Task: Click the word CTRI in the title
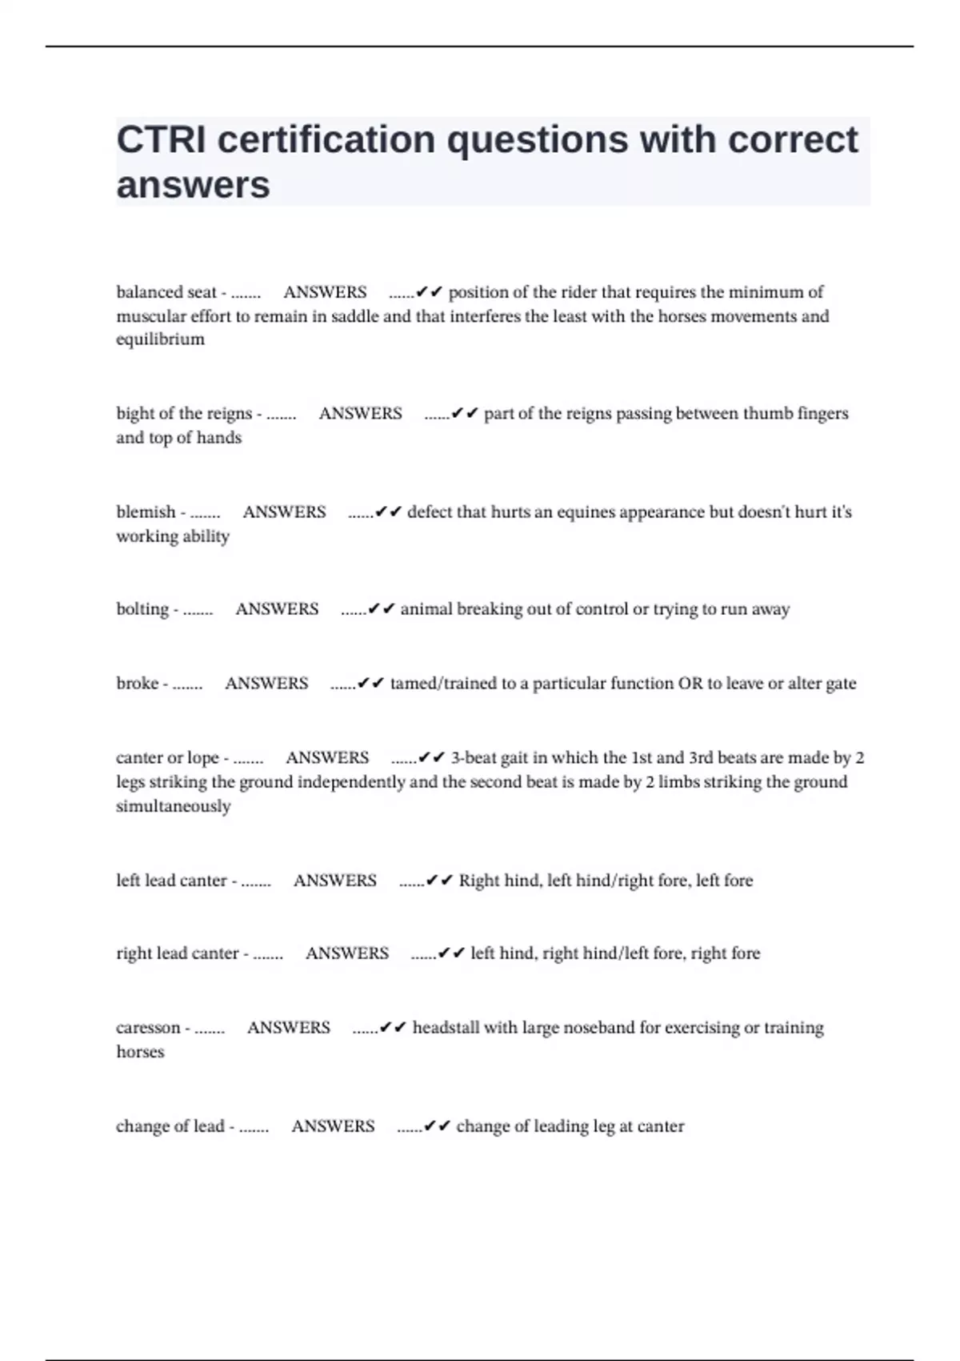tap(162, 140)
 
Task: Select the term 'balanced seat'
tap(166, 292)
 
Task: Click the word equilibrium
tap(160, 339)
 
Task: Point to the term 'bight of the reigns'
tap(184, 414)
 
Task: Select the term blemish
tap(146, 512)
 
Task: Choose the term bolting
tap(142, 609)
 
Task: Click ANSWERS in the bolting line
tap(277, 609)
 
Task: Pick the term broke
tap(137, 684)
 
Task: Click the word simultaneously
tap(173, 806)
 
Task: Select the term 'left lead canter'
tap(171, 881)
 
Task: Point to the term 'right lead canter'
tap(178, 954)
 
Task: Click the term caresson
tap(148, 1028)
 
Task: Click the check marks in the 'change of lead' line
tap(438, 1126)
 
